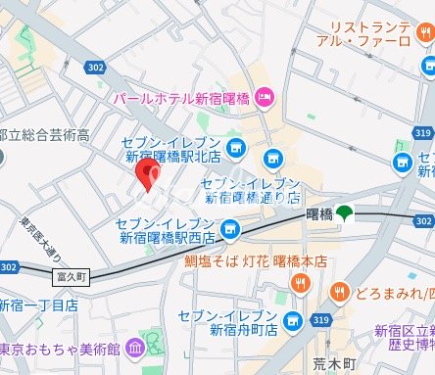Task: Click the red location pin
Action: click(x=148, y=174)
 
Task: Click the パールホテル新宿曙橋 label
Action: click(x=182, y=99)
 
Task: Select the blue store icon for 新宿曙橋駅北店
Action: click(x=235, y=149)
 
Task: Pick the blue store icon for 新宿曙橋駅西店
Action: click(x=229, y=229)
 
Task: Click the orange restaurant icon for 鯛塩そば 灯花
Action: click(x=301, y=284)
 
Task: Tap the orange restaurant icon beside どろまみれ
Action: click(x=339, y=291)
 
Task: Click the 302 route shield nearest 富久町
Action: click(x=10, y=266)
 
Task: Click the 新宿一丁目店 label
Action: click(x=39, y=305)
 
